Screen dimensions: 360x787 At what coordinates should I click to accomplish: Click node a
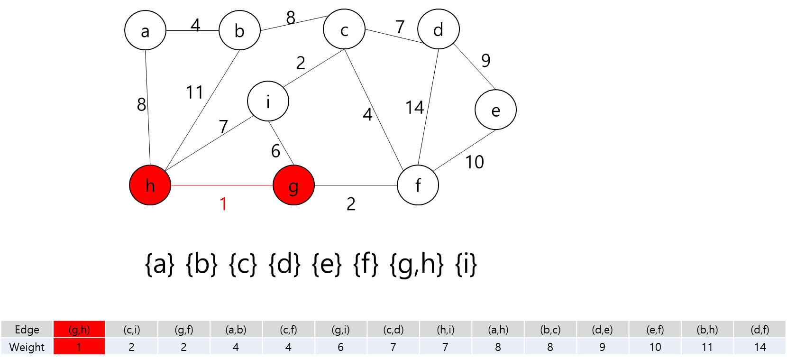[145, 30]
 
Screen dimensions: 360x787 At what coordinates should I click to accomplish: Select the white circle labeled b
[239, 30]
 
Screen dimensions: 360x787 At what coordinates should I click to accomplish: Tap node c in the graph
[344, 29]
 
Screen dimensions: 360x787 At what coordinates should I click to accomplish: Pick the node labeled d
[439, 29]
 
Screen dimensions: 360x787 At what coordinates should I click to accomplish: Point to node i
[268, 101]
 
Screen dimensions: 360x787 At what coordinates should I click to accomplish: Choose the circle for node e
[495, 110]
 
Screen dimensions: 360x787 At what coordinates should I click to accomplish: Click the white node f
[418, 185]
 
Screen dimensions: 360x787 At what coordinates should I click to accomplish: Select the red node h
[150, 185]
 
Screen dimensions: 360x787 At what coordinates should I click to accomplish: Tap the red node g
[293, 185]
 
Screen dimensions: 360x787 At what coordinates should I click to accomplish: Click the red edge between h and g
[222, 185]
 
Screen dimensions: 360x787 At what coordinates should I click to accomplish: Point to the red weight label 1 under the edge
[223, 204]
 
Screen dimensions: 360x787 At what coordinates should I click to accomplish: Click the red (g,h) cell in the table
[79, 329]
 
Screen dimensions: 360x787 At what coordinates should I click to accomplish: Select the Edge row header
[27, 329]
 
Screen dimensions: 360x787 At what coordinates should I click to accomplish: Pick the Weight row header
[27, 347]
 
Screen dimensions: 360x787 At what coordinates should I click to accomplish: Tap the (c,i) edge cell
[131, 329]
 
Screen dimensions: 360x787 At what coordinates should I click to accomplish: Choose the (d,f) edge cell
[760, 329]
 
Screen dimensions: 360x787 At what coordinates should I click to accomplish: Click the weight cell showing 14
[760, 347]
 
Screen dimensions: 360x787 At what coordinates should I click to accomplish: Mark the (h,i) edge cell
[445, 329]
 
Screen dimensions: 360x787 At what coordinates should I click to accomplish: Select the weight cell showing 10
[655, 347]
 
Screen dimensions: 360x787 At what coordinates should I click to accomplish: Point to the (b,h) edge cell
[707, 329]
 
